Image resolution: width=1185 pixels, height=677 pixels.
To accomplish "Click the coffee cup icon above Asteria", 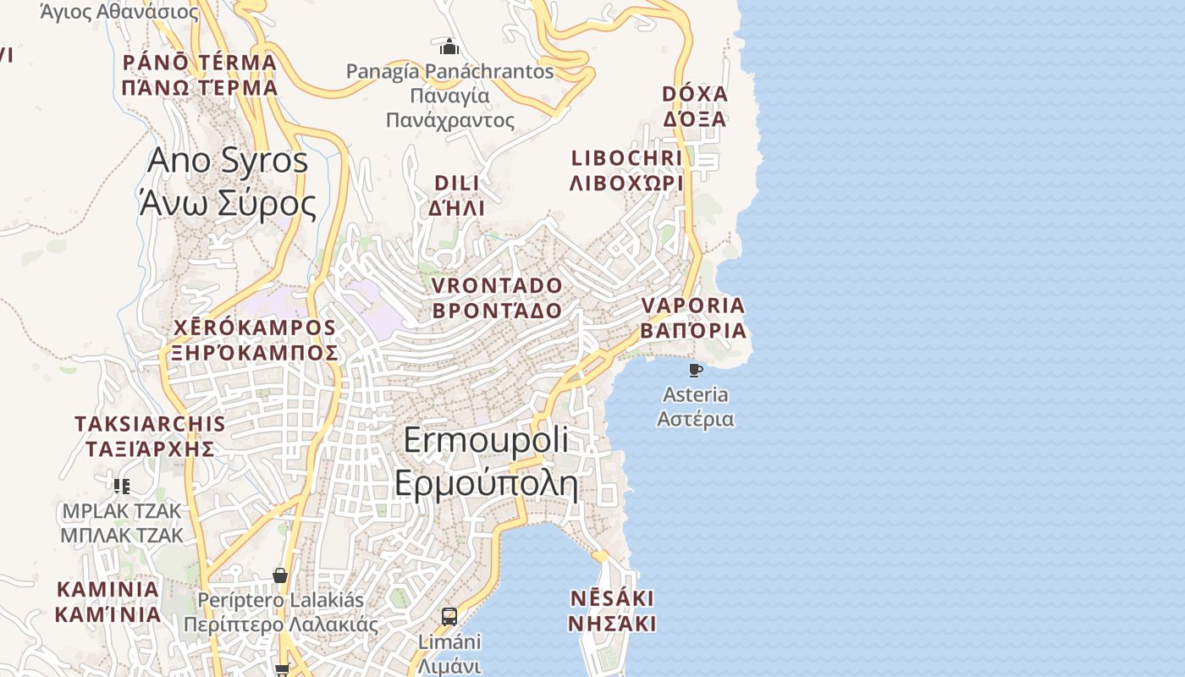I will (695, 370).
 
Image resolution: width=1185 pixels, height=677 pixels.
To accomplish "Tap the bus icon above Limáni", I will (449, 616).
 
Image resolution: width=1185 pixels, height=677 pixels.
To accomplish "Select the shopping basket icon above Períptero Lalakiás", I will (280, 575).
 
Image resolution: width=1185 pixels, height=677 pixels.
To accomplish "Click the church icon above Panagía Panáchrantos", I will (449, 46).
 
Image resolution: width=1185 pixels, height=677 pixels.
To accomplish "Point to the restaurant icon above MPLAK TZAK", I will (122, 486).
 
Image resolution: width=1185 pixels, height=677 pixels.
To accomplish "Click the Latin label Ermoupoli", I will (486, 441).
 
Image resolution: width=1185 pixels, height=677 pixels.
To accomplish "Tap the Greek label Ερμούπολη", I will (486, 485).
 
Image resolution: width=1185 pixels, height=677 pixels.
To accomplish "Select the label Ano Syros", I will (228, 160).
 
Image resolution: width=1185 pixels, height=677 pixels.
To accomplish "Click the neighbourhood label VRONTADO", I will (497, 285).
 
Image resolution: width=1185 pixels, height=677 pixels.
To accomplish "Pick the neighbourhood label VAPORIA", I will (693, 305).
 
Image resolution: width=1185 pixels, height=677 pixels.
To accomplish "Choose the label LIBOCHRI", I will (627, 158).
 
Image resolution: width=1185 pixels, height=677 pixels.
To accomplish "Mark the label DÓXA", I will (695, 93).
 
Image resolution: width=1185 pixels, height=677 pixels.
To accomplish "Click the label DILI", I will (457, 183).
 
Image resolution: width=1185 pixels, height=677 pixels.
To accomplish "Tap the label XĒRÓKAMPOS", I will (254, 327).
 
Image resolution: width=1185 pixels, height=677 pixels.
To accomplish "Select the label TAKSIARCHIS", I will (150, 424).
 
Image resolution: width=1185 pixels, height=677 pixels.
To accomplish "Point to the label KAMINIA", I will (107, 589).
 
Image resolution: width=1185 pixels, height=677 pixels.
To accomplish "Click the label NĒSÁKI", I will (612, 599).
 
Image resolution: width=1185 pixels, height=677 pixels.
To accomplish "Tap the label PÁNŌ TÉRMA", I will (200, 62).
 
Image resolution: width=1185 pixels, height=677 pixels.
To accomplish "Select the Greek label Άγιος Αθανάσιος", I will (119, 12).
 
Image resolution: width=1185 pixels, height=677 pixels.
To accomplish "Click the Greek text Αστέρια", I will (696, 419).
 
